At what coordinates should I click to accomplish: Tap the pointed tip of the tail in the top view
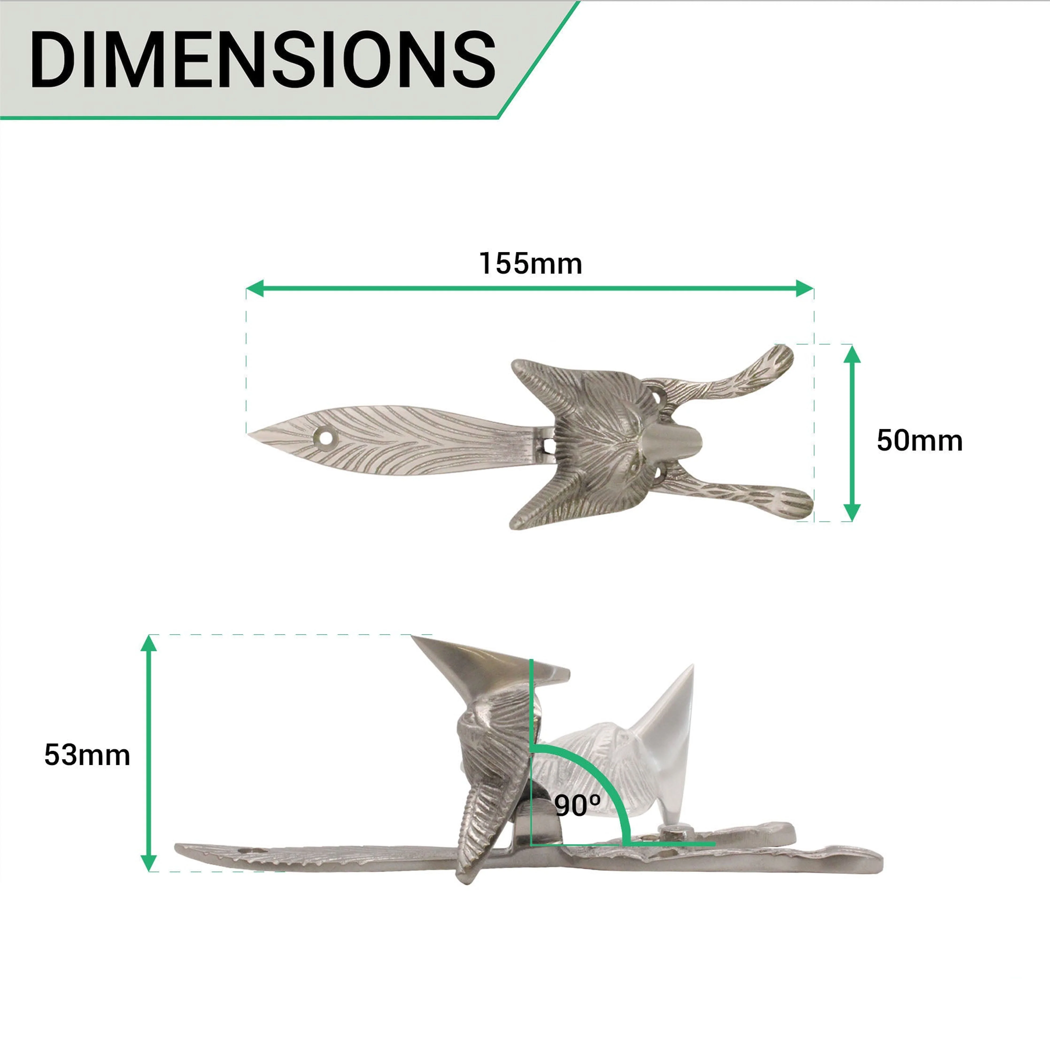(249, 433)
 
